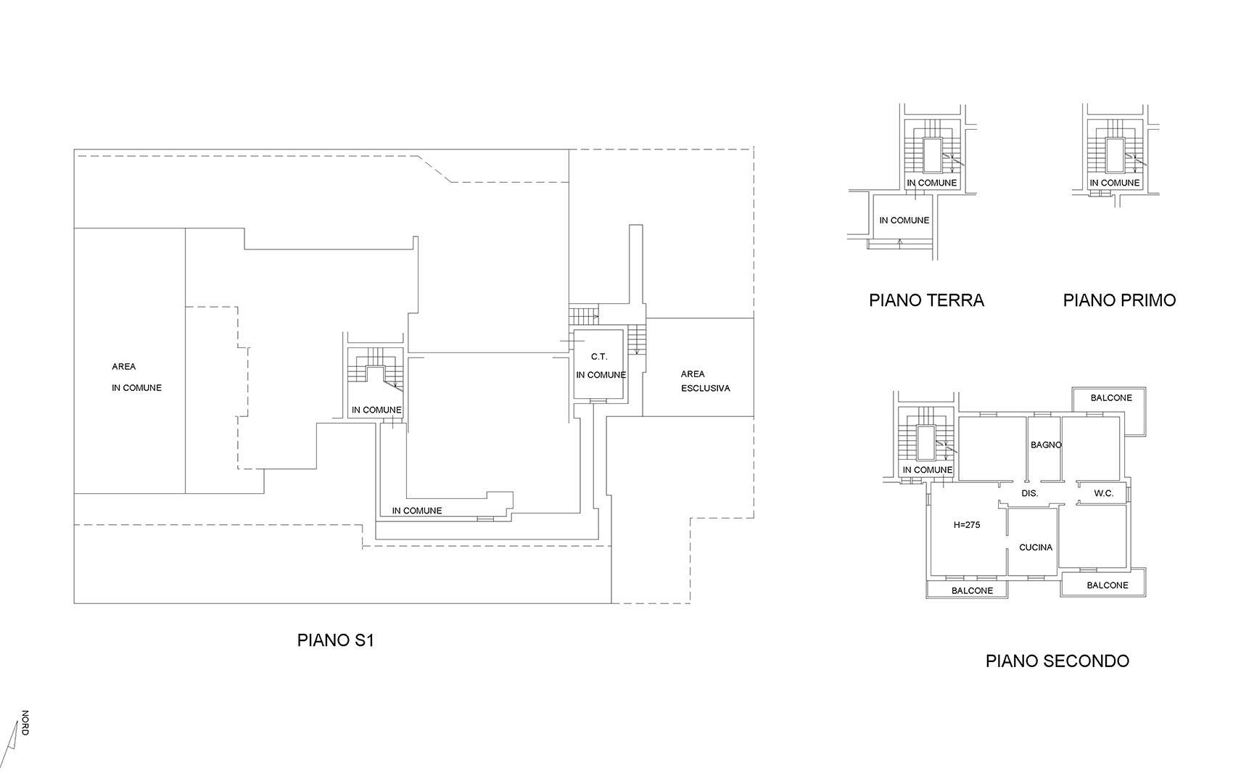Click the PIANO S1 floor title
pos(335,641)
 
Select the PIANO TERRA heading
pos(926,300)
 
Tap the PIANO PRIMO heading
pos(1119,300)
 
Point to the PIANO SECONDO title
pos(1057,661)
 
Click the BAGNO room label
pos(1046,445)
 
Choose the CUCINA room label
pos(1036,547)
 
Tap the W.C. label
pos(1103,493)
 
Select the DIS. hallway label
pos(1029,493)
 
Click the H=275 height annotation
pos(967,525)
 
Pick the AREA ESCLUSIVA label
pos(705,381)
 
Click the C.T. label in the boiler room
pos(599,357)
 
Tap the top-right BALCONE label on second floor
pos(1111,398)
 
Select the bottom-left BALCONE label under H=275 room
pos(972,591)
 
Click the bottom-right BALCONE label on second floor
pos(1108,585)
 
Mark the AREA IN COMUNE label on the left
pos(136,377)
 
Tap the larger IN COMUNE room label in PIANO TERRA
pos(904,220)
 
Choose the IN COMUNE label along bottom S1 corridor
pos(416,511)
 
